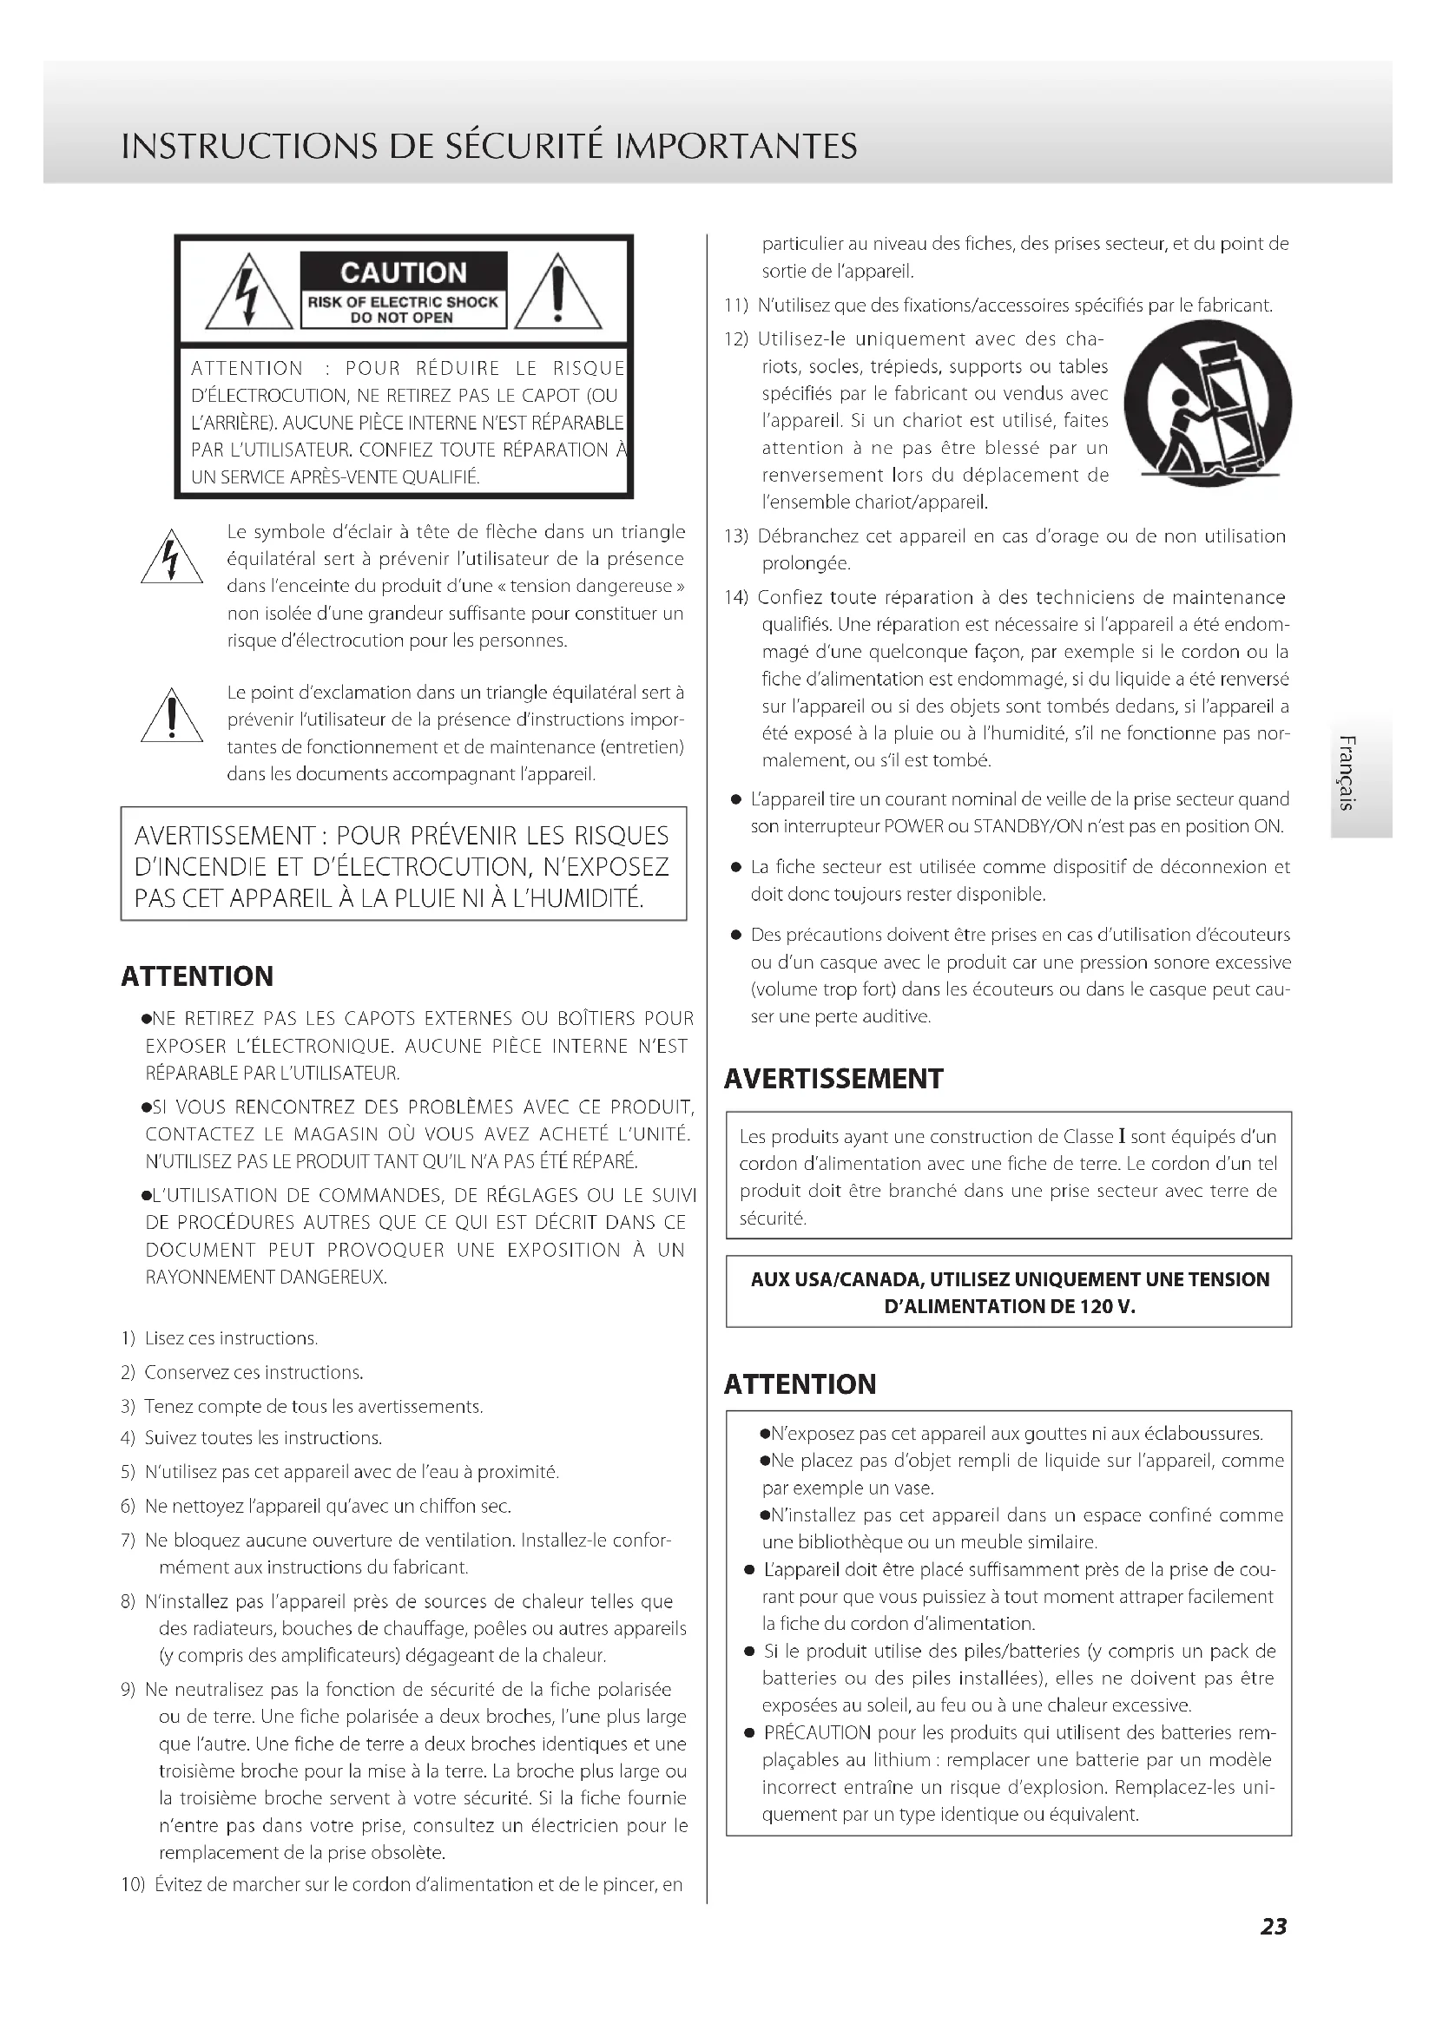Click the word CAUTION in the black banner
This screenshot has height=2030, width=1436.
pyautogui.click(x=403, y=273)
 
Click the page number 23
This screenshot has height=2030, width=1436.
pyautogui.click(x=1274, y=1926)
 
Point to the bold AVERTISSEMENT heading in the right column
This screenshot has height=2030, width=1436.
pyautogui.click(x=833, y=1079)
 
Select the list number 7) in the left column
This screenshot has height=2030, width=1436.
pyautogui.click(x=128, y=1541)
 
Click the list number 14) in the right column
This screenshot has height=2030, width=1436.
pyautogui.click(x=736, y=598)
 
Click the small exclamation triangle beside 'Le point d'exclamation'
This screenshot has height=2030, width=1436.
pyautogui.click(x=172, y=717)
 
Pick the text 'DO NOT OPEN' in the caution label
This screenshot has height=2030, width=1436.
pyautogui.click(x=402, y=318)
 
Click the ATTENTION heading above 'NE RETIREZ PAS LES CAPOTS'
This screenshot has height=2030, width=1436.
pyautogui.click(x=197, y=976)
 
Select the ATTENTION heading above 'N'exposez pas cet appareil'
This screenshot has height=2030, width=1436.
pyautogui.click(x=800, y=1384)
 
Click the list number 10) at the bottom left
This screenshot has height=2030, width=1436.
pyautogui.click(x=133, y=1883)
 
